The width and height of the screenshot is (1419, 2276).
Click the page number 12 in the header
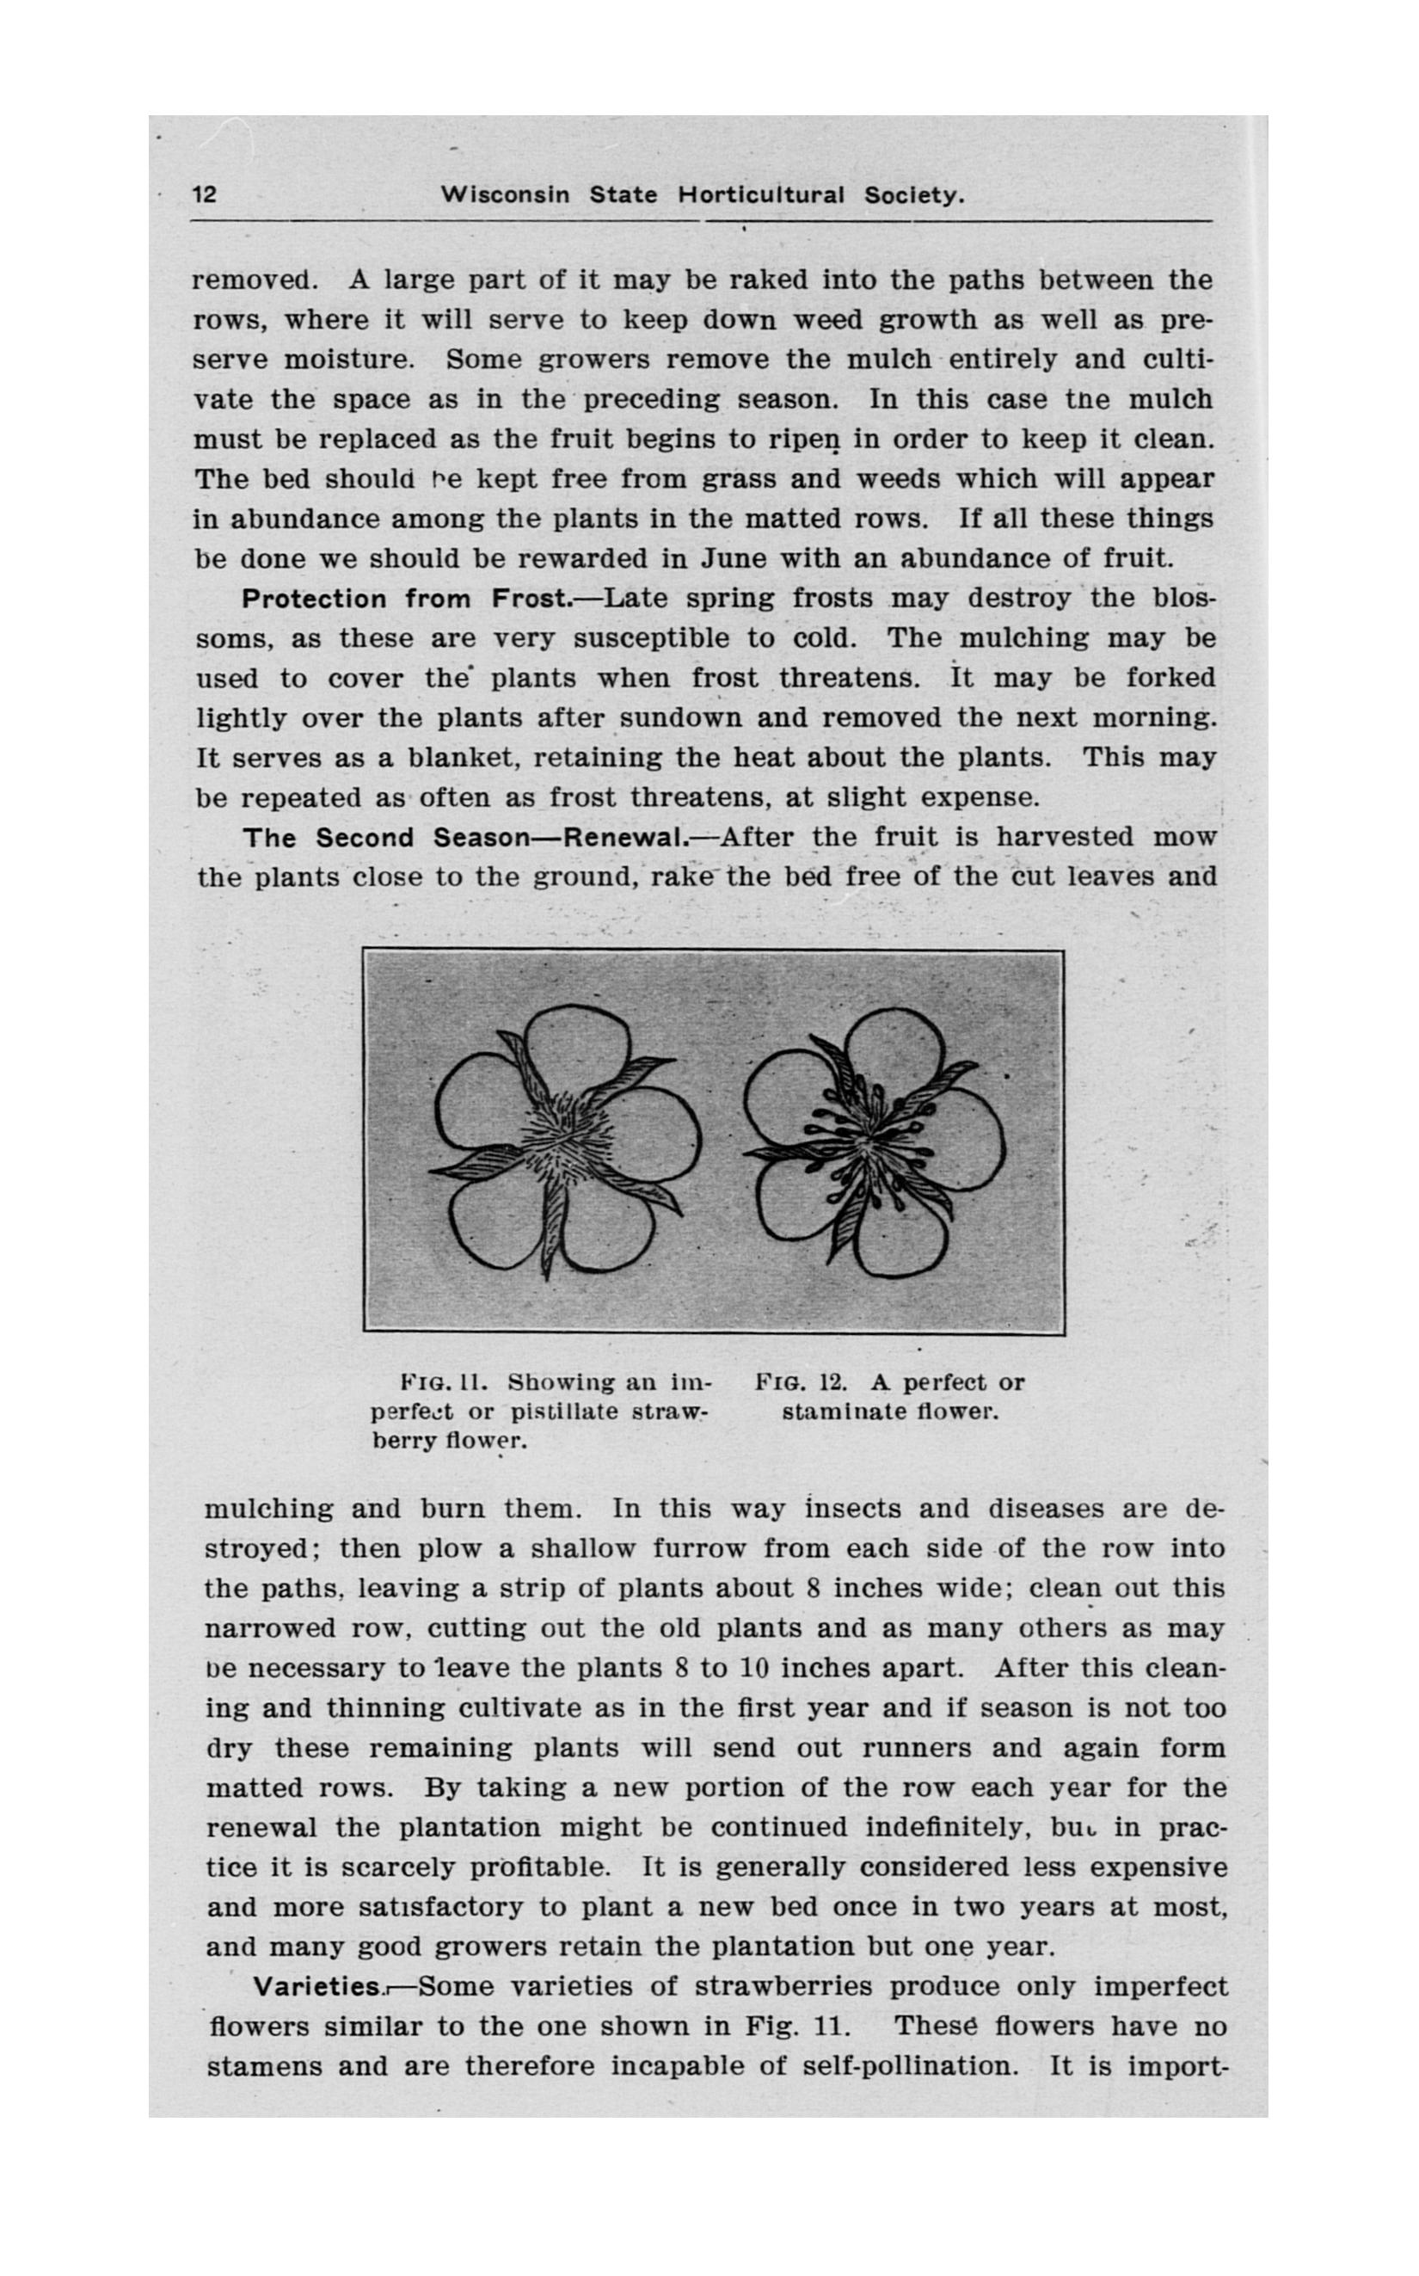click(205, 195)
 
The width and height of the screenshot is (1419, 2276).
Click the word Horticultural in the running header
click(761, 195)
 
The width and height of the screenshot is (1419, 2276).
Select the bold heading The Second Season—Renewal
click(465, 837)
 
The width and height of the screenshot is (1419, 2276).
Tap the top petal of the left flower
click(576, 1049)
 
